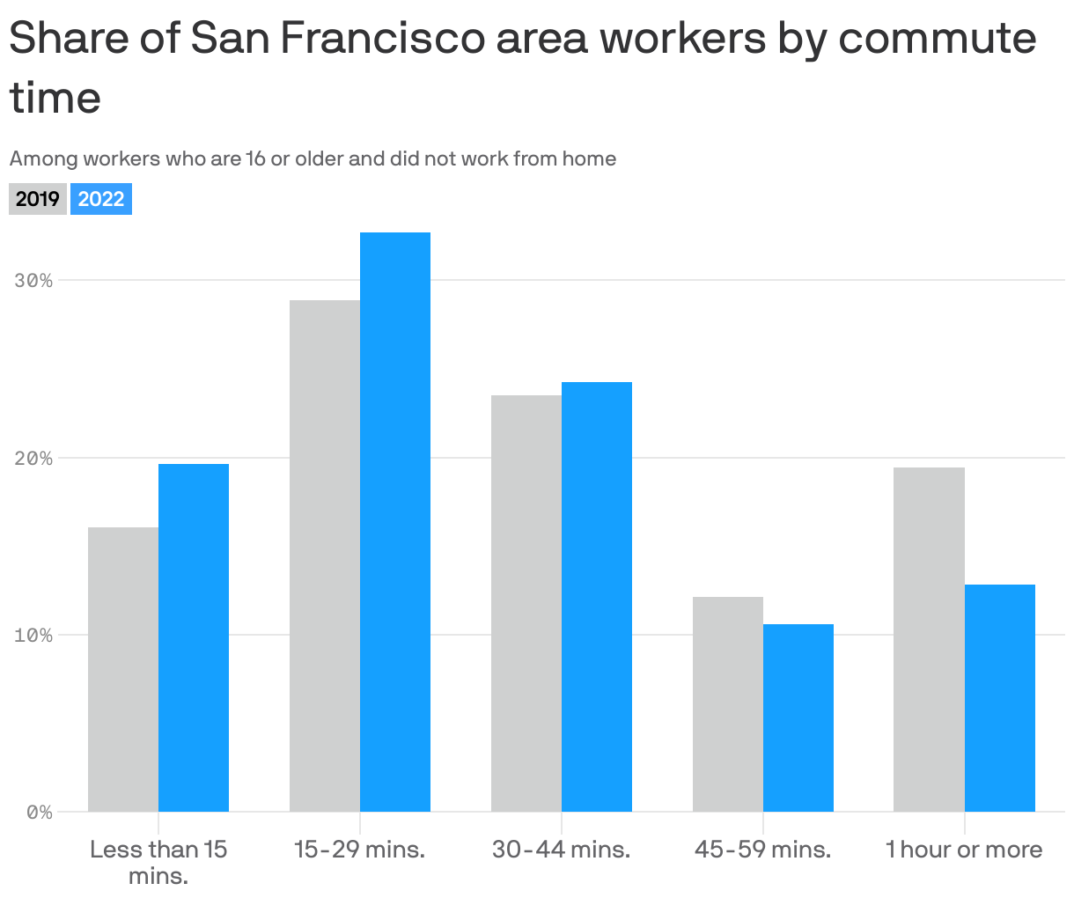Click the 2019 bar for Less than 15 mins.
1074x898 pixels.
(123, 669)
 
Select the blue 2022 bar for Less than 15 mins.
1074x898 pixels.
(194, 637)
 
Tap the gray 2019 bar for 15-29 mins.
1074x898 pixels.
(325, 556)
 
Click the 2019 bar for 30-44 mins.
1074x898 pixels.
(526, 603)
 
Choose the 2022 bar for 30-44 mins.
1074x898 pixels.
(597, 597)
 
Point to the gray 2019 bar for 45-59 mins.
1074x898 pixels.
(728, 704)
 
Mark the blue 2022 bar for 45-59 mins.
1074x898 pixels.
(798, 718)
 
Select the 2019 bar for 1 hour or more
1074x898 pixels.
(929, 639)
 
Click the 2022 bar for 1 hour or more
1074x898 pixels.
(1000, 698)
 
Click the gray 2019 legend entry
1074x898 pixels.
(38, 199)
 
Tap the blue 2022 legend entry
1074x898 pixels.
(101, 199)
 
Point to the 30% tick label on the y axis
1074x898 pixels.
(33, 281)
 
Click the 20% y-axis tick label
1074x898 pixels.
(33, 459)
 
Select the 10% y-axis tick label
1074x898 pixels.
(33, 636)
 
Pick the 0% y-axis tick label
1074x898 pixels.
(39, 813)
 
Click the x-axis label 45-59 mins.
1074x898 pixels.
(762, 850)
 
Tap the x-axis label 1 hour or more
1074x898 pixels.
(964, 850)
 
